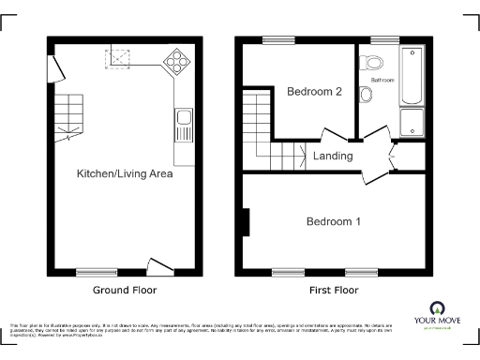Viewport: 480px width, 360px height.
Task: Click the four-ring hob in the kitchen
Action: [175, 61]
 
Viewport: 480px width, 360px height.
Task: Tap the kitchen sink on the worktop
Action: [184, 120]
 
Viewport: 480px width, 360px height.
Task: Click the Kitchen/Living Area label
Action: [125, 173]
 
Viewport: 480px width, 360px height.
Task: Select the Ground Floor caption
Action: [125, 291]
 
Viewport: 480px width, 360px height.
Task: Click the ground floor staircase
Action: [69, 116]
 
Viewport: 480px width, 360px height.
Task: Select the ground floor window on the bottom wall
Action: [97, 273]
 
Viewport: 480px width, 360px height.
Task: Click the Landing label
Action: [333, 156]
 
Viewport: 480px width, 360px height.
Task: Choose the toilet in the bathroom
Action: [375, 64]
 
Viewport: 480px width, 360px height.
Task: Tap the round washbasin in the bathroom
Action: [367, 95]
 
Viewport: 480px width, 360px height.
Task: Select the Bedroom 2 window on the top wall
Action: [275, 40]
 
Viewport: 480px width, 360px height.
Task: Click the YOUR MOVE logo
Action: [437, 314]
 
